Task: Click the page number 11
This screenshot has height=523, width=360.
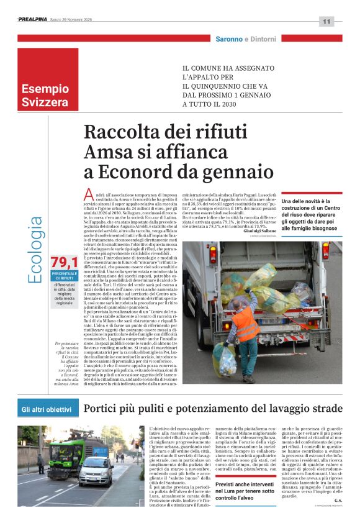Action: [x=327, y=22]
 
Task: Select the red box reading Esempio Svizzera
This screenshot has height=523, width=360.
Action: [x=48, y=80]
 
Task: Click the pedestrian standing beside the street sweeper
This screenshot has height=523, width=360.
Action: [x=41, y=462]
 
